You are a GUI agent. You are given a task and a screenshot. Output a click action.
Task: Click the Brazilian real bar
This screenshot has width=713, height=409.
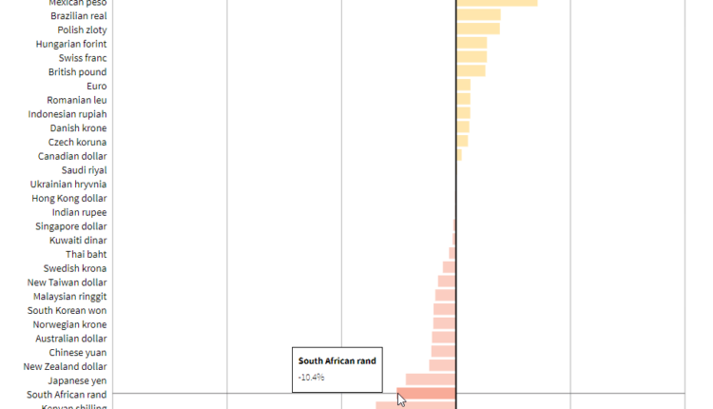478,15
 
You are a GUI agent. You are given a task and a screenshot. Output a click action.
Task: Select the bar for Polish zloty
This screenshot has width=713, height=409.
477,29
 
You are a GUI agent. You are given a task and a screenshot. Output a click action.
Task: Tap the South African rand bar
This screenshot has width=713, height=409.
426,394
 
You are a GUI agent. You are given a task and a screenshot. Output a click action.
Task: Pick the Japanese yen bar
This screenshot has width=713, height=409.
431,380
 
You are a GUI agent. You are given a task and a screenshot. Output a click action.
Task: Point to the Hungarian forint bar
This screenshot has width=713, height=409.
472,43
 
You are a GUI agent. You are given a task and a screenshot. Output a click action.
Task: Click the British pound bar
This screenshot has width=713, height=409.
471,71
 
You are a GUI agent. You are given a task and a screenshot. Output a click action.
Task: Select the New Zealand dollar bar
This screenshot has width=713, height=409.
443,365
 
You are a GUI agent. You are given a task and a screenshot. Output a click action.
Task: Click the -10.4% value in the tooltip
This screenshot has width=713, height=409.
312,377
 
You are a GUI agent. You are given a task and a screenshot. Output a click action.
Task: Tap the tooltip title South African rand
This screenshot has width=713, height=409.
337,360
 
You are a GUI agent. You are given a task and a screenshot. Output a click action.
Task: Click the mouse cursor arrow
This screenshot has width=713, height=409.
401,399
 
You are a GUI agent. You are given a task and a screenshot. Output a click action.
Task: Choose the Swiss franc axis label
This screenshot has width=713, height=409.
83,58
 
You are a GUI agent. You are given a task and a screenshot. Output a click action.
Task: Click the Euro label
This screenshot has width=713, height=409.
96,86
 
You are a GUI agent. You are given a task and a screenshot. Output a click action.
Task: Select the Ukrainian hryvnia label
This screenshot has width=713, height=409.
68,185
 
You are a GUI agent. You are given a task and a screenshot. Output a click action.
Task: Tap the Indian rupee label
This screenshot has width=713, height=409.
79,212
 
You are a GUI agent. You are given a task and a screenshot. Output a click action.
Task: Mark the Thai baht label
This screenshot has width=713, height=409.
86,254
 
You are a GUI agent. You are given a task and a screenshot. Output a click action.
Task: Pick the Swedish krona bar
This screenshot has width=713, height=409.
450,267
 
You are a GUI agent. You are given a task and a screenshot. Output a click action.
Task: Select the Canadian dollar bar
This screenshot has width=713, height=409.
459,155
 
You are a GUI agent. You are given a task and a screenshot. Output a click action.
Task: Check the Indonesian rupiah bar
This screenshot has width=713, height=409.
463,113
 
